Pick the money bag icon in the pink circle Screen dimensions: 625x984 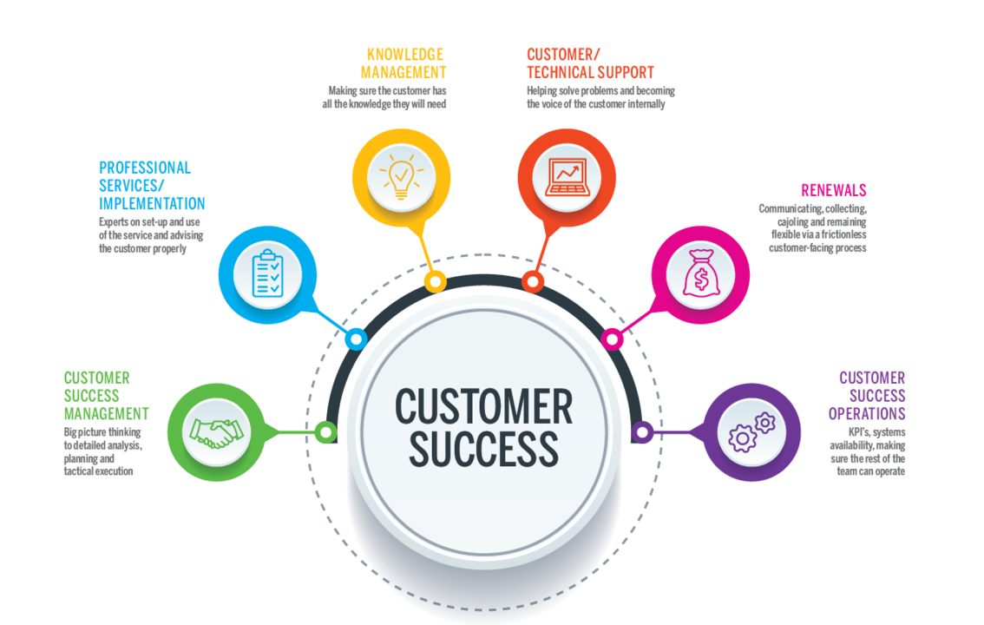click(699, 275)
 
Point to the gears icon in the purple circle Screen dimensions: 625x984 click(751, 432)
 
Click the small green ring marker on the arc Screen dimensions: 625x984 click(326, 431)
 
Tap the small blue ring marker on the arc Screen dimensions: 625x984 click(355, 339)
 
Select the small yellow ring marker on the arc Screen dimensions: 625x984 click(435, 281)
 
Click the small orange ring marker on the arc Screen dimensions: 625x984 click(533, 281)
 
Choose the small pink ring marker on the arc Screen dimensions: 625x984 click(612, 339)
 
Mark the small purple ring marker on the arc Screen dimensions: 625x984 click(642, 431)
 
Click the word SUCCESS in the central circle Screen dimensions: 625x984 click(483, 449)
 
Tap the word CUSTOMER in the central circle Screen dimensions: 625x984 click(483, 406)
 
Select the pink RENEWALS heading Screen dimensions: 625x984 click(833, 191)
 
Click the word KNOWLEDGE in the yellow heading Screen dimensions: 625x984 click(403, 55)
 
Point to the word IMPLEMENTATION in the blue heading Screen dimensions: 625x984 click(152, 204)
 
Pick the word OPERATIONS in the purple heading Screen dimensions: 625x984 click(866, 414)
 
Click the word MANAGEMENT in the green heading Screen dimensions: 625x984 click(106, 414)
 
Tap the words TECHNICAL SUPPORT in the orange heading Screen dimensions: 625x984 click(590, 73)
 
